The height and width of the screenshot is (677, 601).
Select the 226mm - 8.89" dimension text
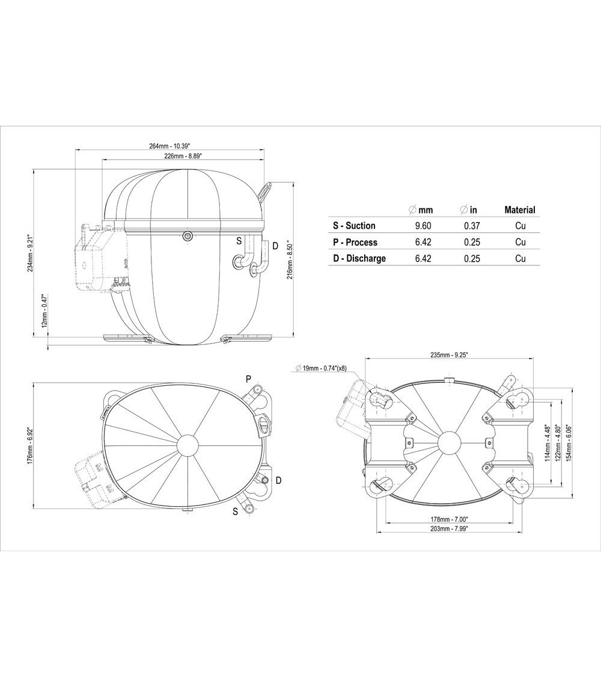183,156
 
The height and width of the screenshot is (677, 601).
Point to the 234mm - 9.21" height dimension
28,253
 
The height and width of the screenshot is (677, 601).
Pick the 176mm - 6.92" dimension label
28,446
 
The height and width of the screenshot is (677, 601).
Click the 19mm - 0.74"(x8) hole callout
322,368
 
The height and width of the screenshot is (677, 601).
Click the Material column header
519,210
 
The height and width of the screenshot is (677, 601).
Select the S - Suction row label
354,226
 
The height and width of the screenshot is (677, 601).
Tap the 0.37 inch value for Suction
469,226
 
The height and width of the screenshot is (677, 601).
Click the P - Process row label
355,242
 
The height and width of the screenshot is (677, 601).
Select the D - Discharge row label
359,258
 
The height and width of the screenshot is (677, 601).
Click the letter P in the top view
248,379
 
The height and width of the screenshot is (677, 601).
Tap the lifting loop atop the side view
264,191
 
